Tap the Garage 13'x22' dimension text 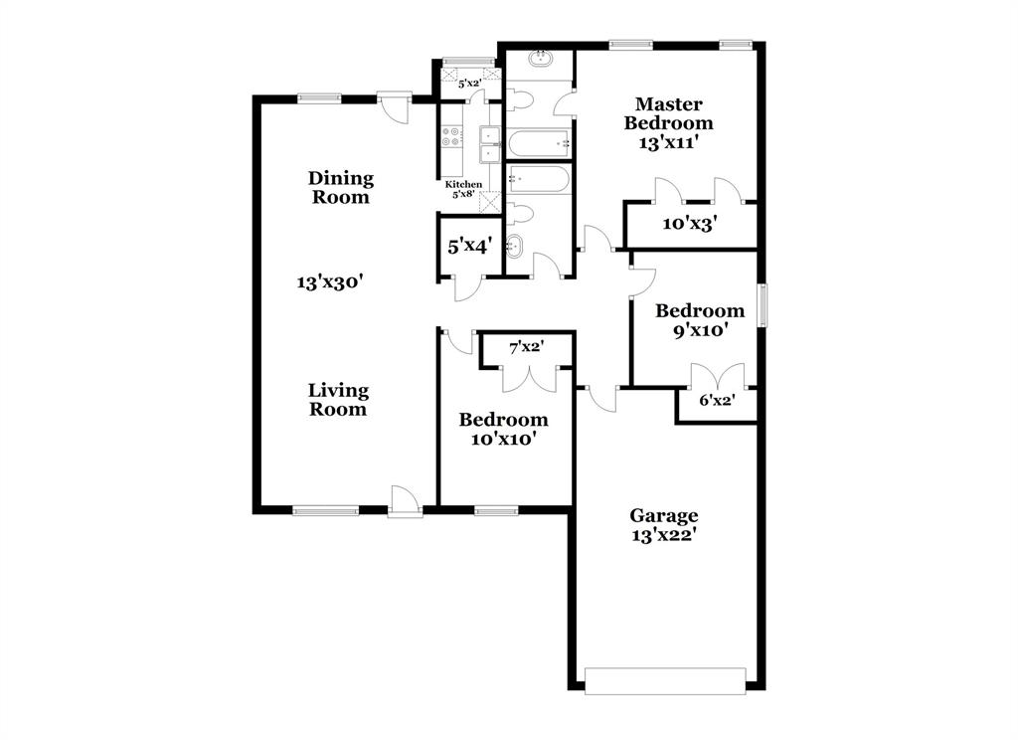point(664,535)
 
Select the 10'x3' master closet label point(690,224)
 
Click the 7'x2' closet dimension point(526,348)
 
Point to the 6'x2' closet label point(715,401)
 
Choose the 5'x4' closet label point(467,245)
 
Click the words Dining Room point(340,187)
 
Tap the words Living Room point(338,399)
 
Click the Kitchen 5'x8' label point(463,189)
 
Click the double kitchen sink point(490,143)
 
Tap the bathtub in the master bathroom point(538,143)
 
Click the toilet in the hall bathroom point(520,213)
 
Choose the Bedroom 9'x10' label point(700,320)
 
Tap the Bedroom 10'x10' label point(503,429)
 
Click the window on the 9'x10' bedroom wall point(763,305)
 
